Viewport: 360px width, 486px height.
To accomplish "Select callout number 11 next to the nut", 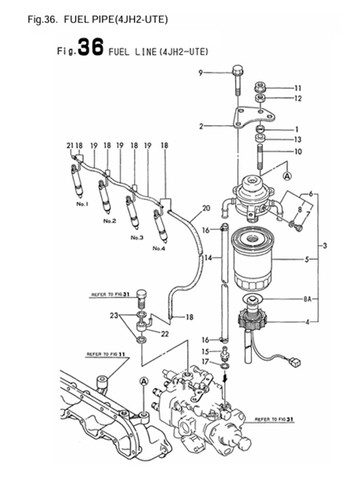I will (x=297, y=88).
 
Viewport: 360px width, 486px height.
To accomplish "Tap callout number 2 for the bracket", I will (x=201, y=126).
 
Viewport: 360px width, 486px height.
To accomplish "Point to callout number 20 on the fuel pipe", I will (x=206, y=208).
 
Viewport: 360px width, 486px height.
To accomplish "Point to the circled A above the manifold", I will (x=143, y=381).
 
